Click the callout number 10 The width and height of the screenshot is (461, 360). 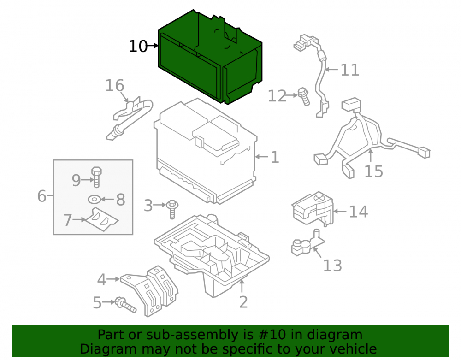(x=138, y=47)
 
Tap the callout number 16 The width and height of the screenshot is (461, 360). (x=115, y=86)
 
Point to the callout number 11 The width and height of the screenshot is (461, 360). (x=349, y=70)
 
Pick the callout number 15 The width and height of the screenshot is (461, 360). (x=373, y=171)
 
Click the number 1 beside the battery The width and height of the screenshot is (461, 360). (x=275, y=157)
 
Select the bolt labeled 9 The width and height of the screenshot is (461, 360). (x=96, y=177)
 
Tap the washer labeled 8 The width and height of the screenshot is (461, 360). (x=94, y=200)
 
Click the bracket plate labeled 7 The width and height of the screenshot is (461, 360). (x=101, y=220)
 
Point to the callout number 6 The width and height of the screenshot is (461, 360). (x=42, y=196)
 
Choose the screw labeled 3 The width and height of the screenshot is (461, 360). (x=172, y=209)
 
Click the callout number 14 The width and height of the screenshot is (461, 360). (x=358, y=212)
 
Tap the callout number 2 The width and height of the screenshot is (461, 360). (x=243, y=302)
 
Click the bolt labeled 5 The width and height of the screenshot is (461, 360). (x=126, y=305)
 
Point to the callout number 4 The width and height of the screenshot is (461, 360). (x=101, y=279)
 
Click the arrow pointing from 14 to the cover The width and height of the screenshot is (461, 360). (x=340, y=211)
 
